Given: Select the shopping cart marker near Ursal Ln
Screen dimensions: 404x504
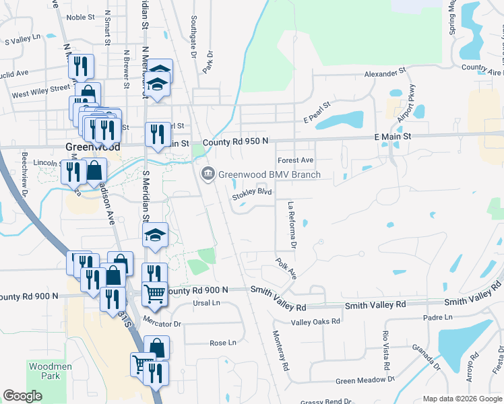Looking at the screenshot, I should pos(156,294).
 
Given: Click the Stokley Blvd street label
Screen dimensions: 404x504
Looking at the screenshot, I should pos(252,193).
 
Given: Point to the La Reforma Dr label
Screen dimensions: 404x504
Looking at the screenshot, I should pos(292,222).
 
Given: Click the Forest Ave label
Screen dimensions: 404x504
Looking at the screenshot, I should pos(296,160).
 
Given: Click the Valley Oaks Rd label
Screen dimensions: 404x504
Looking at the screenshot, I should pos(315,322).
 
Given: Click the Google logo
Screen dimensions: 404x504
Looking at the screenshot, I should pos(23,396).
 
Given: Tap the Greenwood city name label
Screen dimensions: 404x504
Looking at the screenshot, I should pos(84,147).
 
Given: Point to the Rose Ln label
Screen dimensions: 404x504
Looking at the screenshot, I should pos(223,343).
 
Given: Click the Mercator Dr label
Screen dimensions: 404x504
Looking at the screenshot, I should pos(162,324).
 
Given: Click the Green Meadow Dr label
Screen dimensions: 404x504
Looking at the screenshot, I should pos(365,380).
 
